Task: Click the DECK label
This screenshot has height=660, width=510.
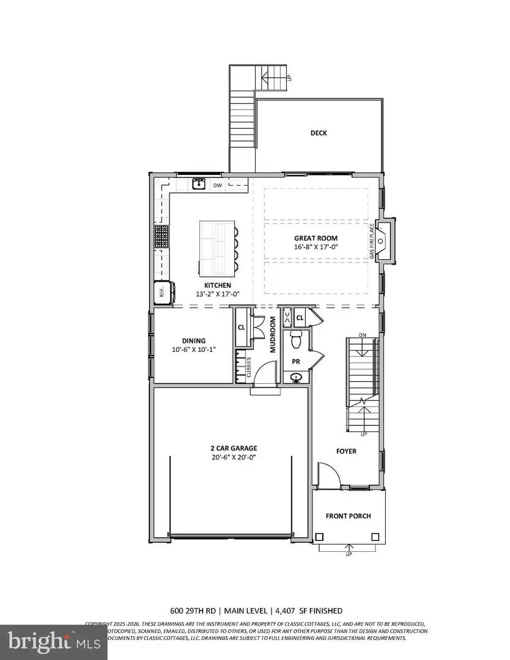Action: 319,133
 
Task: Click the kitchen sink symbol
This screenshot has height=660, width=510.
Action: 198,183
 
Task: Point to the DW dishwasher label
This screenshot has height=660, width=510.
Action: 218,185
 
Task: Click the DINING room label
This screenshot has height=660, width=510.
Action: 193,341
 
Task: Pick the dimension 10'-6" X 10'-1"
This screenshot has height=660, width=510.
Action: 193,350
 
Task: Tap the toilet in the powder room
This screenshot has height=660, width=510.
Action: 296,338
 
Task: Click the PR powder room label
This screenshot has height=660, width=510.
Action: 296,362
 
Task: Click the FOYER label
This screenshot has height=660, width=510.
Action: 346,451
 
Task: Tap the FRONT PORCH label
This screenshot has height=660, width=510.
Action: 348,516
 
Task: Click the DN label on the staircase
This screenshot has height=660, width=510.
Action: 361,335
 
